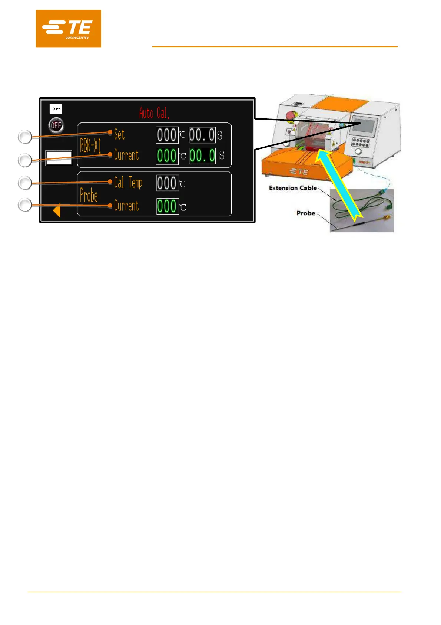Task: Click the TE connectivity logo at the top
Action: pyautogui.click(x=68, y=29)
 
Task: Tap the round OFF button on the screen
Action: pyautogui.click(x=56, y=125)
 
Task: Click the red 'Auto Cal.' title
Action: pyautogui.click(x=154, y=113)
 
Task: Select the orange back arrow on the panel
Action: pyautogui.click(x=57, y=210)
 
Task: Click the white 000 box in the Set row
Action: pyautogui.click(x=167, y=135)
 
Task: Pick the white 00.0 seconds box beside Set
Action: pyautogui.click(x=202, y=135)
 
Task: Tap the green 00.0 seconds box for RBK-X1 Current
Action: pyautogui.click(x=202, y=156)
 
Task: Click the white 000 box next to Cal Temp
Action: pyautogui.click(x=168, y=183)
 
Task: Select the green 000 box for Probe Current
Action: pyautogui.click(x=168, y=206)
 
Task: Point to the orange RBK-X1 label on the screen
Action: pyautogui.click(x=90, y=145)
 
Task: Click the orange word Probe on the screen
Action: pyautogui.click(x=89, y=196)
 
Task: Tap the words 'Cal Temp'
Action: pyautogui.click(x=128, y=183)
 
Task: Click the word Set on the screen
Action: pyautogui.click(x=119, y=134)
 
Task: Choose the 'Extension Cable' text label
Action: pyautogui.click(x=293, y=188)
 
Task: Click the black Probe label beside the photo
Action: pyautogui.click(x=306, y=213)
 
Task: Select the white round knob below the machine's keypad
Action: pyautogui.click(x=358, y=152)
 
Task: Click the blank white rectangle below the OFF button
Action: pyautogui.click(x=59, y=158)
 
